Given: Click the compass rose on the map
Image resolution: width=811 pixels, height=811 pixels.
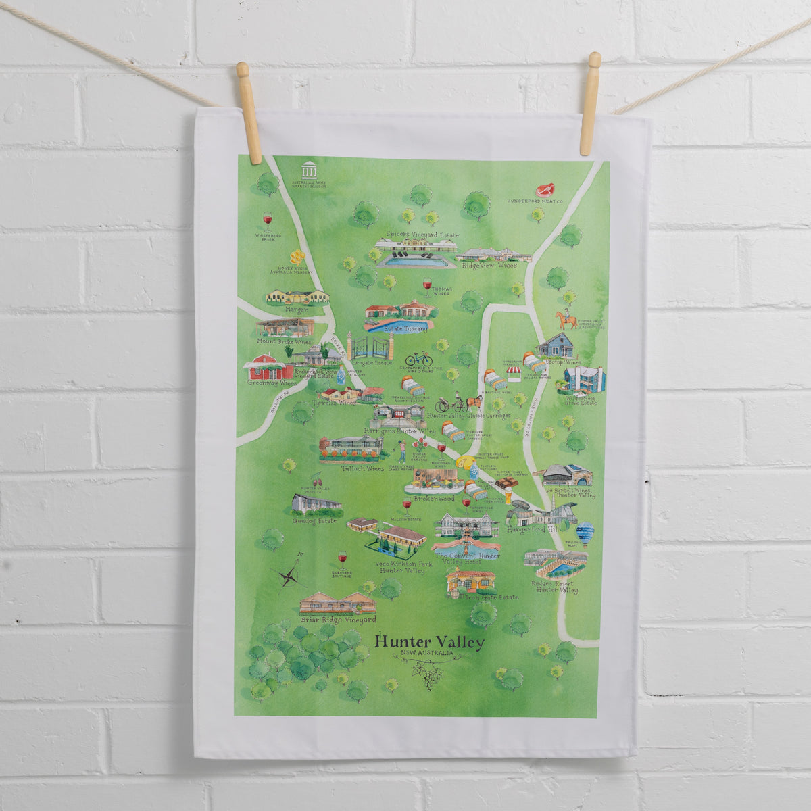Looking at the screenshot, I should [x=289, y=576].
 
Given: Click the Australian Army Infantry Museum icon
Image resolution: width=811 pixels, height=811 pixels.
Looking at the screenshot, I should [x=309, y=170].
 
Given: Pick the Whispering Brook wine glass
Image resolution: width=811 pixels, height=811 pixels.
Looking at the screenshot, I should [x=267, y=221].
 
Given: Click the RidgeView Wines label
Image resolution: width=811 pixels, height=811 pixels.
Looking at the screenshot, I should [x=489, y=266].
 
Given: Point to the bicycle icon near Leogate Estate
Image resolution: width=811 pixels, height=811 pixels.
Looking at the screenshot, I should [x=419, y=358].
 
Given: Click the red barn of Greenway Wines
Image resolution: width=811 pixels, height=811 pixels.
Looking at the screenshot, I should [x=266, y=368].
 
